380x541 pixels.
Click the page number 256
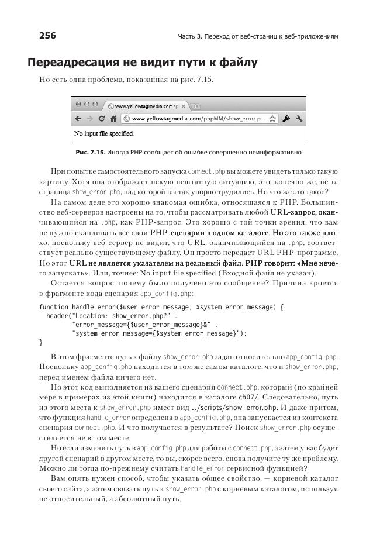click(47, 36)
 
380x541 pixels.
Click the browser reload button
click(101, 118)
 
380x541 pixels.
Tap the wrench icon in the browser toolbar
click(299, 118)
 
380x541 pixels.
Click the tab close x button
click(184, 106)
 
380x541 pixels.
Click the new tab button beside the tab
click(195, 106)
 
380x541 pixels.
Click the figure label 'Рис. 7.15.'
click(91, 153)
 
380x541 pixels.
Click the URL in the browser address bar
click(199, 118)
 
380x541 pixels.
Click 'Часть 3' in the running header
click(190, 37)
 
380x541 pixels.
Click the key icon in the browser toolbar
click(286, 118)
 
